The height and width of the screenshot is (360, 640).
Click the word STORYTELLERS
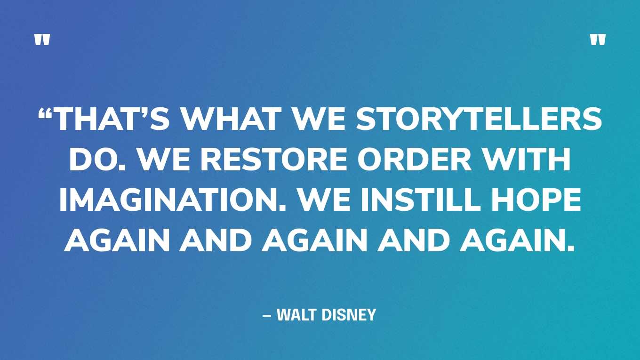point(479,119)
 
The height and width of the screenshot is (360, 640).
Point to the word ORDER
point(415,159)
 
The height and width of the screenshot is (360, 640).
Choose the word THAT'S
point(111,119)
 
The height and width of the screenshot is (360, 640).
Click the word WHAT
point(232,119)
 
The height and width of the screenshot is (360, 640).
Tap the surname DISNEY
point(349,314)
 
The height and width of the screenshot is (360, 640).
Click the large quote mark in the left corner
point(42,40)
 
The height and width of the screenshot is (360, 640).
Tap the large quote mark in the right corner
point(598,40)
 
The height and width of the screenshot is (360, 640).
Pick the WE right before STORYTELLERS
point(319,119)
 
